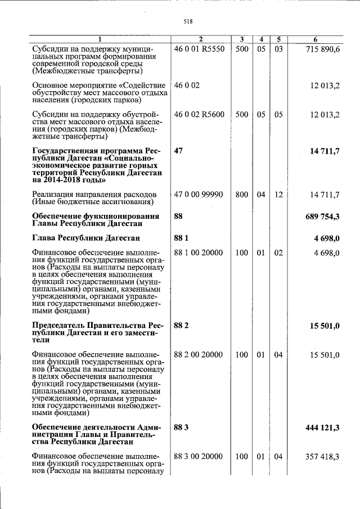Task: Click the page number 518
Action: click(x=188, y=22)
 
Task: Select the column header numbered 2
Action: click(x=200, y=39)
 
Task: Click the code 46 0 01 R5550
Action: click(x=199, y=50)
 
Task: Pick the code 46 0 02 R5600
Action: click(x=199, y=114)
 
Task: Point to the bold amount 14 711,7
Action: click(x=323, y=152)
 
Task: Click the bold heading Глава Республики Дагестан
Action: click(x=86, y=238)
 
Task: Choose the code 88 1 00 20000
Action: click(x=199, y=253)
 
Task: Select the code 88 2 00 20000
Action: click(x=199, y=355)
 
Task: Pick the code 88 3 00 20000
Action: click(x=199, y=457)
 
